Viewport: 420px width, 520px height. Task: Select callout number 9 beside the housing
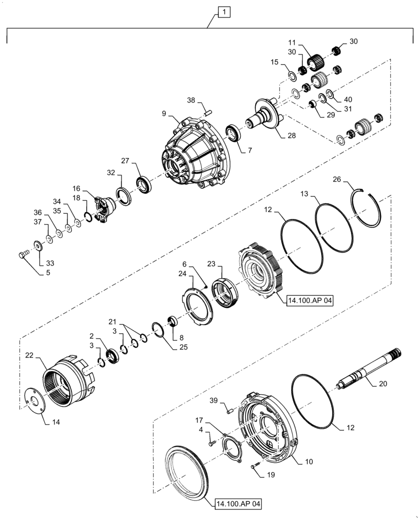pos(164,113)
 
